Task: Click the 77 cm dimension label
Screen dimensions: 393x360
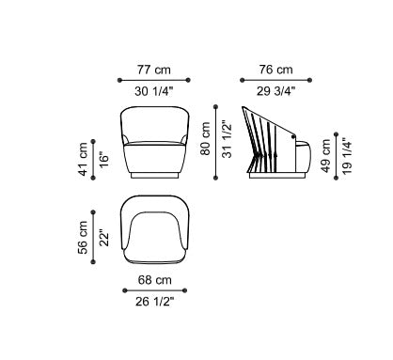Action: pyautogui.click(x=154, y=70)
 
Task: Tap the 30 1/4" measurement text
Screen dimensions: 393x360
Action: pyautogui.click(x=154, y=91)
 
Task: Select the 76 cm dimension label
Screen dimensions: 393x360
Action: pyautogui.click(x=275, y=70)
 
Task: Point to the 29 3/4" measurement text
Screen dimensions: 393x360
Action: pyautogui.click(x=275, y=91)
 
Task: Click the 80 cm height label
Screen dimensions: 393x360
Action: pyautogui.click(x=206, y=139)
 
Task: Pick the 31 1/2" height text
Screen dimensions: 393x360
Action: pyautogui.click(x=228, y=139)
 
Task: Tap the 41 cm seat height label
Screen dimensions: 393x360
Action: pyautogui.click(x=84, y=159)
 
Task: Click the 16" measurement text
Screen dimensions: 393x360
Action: pyautogui.click(x=104, y=159)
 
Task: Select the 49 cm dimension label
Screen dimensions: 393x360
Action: pyautogui.click(x=326, y=156)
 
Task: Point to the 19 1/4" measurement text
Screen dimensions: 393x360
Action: pyautogui.click(x=347, y=156)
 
